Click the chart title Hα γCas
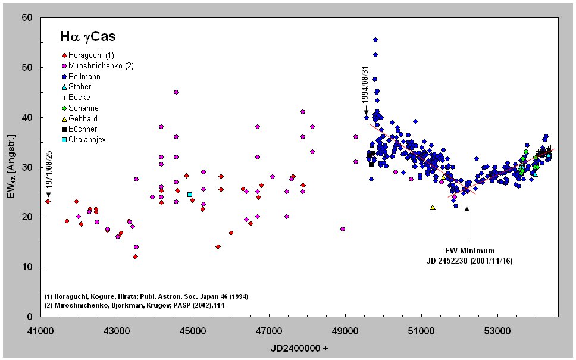[x=87, y=37]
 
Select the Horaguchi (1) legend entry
[x=87, y=55]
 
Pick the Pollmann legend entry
[x=84, y=76]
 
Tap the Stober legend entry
[x=80, y=87]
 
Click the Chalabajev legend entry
[x=87, y=140]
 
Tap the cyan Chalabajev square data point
[x=190, y=195]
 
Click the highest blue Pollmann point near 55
[x=375, y=40]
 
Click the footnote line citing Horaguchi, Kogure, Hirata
[x=146, y=296]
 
